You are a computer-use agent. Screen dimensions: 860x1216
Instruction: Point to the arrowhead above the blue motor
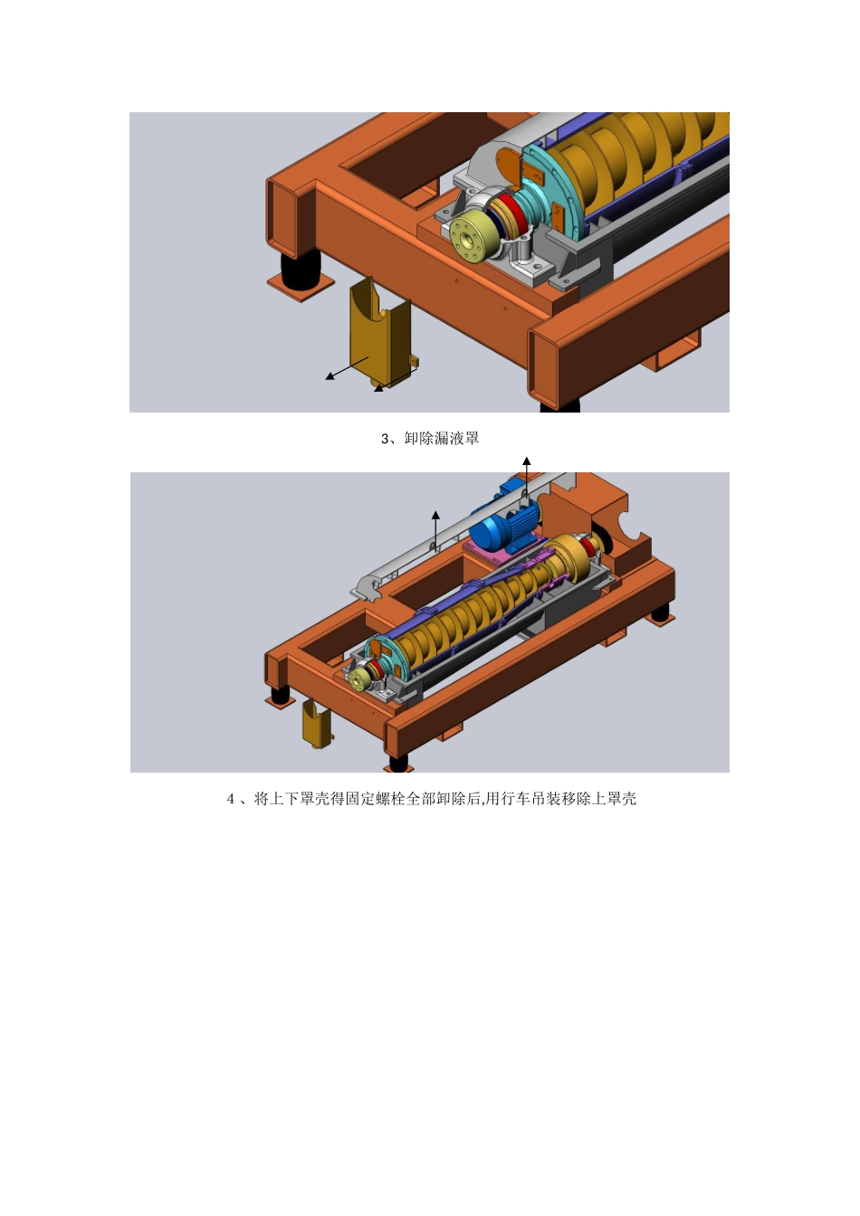point(527,461)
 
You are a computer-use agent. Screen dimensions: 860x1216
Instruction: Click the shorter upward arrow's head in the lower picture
point(435,515)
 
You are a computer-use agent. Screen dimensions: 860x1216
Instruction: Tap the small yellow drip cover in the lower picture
point(318,723)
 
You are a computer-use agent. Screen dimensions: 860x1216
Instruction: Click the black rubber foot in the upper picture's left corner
point(301,268)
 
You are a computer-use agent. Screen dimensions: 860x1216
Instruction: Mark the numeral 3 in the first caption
point(385,439)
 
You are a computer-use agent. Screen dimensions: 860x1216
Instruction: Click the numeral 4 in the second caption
point(230,799)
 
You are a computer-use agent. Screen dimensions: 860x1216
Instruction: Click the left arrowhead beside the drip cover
point(330,376)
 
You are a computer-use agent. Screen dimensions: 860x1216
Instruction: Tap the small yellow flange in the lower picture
point(358,679)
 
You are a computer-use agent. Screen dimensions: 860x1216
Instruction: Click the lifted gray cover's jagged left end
point(368,589)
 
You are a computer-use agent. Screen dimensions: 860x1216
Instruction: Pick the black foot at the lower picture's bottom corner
point(398,762)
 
